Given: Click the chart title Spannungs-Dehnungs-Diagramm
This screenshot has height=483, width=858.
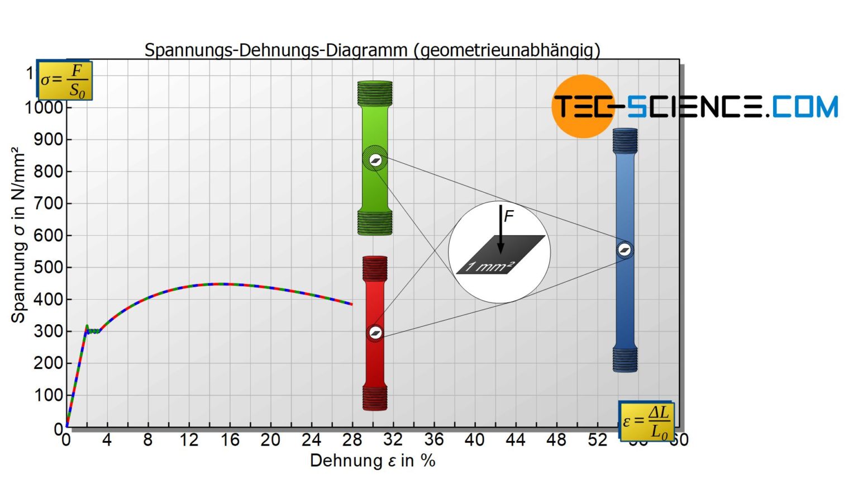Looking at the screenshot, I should click(x=372, y=50).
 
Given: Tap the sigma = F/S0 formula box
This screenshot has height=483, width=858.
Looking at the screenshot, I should click(x=65, y=80).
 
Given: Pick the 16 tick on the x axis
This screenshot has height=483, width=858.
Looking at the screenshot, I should click(x=230, y=440).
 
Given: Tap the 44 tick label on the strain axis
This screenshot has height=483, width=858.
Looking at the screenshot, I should click(x=516, y=440).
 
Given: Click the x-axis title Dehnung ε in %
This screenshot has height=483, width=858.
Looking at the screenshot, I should click(x=373, y=461).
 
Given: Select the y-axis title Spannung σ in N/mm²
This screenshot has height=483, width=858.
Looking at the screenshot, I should click(x=18, y=235).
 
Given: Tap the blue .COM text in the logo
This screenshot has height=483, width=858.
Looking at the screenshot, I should click(x=804, y=106).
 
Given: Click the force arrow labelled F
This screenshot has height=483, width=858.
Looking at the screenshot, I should click(x=501, y=229).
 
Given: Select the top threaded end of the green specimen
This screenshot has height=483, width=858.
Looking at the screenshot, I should click(x=375, y=93).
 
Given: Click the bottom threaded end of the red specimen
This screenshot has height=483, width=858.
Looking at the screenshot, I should click(x=375, y=397).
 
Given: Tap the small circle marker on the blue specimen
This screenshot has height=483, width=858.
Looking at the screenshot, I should click(x=625, y=250).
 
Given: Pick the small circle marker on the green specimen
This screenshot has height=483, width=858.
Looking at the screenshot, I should click(x=375, y=160).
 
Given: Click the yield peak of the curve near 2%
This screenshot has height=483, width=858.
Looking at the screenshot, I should click(x=87, y=326).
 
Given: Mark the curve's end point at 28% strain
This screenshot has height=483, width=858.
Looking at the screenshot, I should click(x=352, y=304).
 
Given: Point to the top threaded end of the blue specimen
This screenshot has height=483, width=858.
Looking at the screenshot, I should click(x=625, y=141).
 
